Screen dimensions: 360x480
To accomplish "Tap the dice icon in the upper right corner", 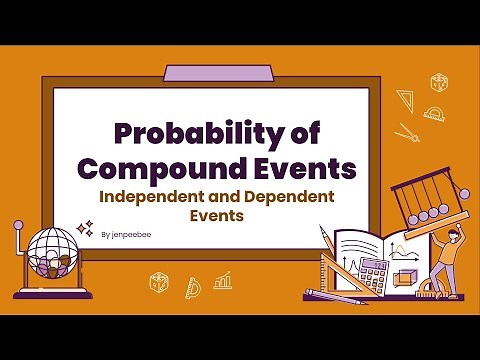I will (438, 82).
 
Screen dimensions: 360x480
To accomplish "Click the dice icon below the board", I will (158, 282).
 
